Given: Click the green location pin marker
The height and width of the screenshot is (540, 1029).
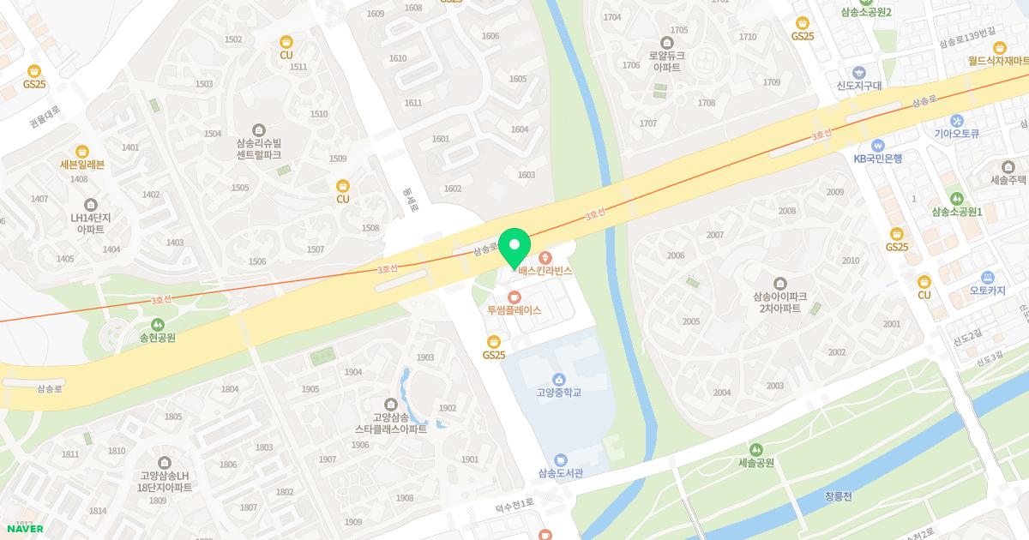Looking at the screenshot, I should click(x=514, y=249).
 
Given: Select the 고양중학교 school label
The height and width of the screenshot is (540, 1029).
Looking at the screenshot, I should click(x=558, y=393).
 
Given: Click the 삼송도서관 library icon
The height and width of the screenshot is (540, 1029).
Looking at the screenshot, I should click(x=560, y=459).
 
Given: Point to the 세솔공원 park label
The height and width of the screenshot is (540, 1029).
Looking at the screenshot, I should click(x=755, y=463).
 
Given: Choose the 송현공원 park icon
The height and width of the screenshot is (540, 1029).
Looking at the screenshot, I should click(x=157, y=324).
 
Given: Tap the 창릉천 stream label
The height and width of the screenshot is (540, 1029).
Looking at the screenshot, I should click(x=840, y=495).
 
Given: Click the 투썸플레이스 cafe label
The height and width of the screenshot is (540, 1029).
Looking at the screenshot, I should click(x=514, y=310).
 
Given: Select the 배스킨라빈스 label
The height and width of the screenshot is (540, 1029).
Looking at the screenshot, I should click(x=545, y=270).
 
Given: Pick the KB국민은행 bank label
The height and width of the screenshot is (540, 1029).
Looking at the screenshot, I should click(x=877, y=158).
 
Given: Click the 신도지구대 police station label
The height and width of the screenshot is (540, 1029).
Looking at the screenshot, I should click(x=859, y=85).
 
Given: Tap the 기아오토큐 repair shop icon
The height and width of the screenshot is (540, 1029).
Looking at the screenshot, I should click(x=957, y=121).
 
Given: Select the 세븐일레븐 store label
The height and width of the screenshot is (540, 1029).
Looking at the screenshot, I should click(x=82, y=165).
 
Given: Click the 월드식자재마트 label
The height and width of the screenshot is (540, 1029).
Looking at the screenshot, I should click(x=998, y=60).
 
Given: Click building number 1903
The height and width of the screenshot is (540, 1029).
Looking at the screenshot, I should click(x=424, y=357).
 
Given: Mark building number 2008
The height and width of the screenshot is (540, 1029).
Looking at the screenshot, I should click(x=786, y=211).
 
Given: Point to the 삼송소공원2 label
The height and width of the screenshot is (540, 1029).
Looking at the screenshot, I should click(x=866, y=12).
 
